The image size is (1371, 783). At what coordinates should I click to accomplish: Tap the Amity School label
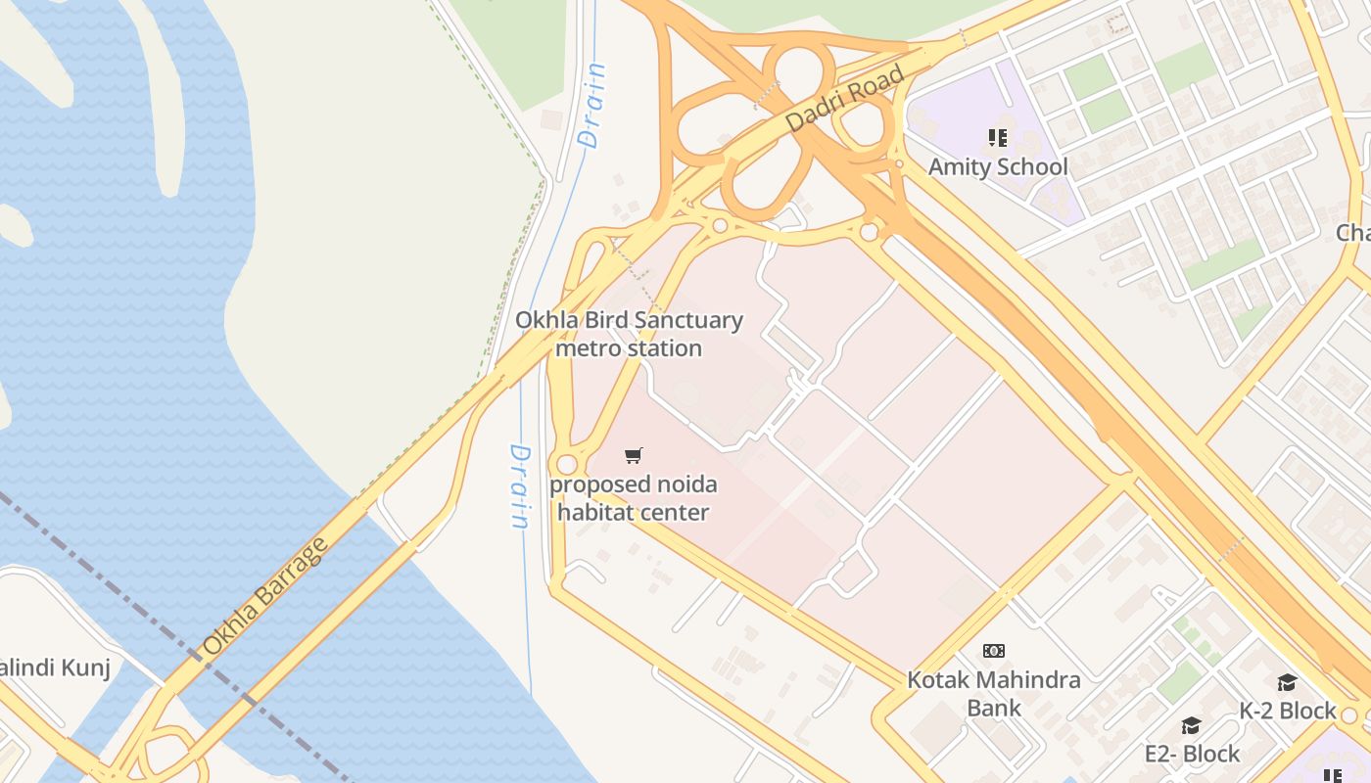pos(998,166)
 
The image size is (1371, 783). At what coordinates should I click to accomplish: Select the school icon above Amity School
pos(998,138)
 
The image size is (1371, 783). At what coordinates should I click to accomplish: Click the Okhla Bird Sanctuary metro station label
pos(629,334)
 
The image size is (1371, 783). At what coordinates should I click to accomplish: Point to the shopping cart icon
pos(634,455)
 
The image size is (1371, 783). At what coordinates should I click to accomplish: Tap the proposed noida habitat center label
pos(633,497)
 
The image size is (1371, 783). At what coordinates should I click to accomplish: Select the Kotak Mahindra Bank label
pos(994,693)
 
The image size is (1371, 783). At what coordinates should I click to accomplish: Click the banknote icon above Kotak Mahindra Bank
pos(994,651)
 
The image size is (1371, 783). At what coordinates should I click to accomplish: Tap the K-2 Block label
pos(1288,711)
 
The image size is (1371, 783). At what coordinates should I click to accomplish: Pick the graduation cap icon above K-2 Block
pos(1287,682)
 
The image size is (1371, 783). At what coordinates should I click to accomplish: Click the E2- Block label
pos(1192,754)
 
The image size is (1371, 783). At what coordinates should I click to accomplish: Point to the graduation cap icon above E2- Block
pos(1191,725)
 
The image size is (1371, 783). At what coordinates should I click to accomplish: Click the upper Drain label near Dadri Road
pos(593,106)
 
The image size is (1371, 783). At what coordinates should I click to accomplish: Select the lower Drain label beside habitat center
pos(520,486)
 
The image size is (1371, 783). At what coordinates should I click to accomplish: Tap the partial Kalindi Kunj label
pos(54,668)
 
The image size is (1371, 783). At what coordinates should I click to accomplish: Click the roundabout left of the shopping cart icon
pos(566,464)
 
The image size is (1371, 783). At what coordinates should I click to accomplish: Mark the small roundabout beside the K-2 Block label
pos(1350,715)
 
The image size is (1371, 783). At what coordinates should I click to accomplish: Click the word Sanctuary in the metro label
pos(688,320)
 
